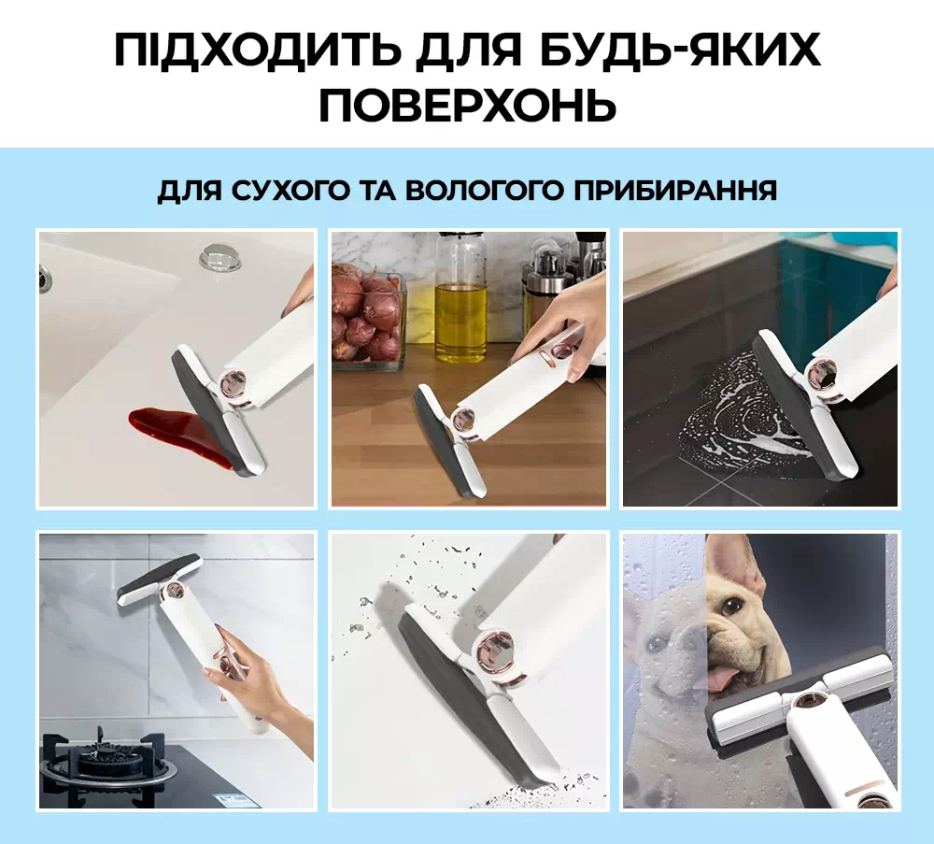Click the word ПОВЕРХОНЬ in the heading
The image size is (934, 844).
click(x=467, y=106)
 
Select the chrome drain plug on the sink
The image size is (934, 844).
click(x=219, y=257)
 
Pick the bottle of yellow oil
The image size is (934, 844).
click(x=460, y=298)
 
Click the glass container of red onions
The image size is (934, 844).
click(x=368, y=317)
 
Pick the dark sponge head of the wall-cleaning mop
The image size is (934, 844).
click(x=157, y=575)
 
